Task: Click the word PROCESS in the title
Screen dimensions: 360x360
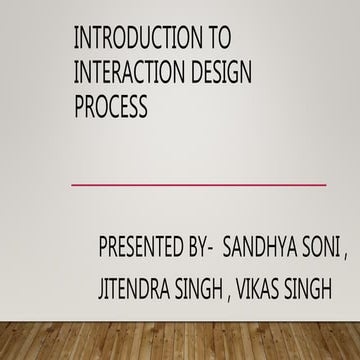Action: click(111, 105)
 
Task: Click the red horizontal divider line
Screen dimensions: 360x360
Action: click(200, 184)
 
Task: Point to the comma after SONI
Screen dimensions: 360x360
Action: click(346, 253)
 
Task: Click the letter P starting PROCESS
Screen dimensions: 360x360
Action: click(80, 105)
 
